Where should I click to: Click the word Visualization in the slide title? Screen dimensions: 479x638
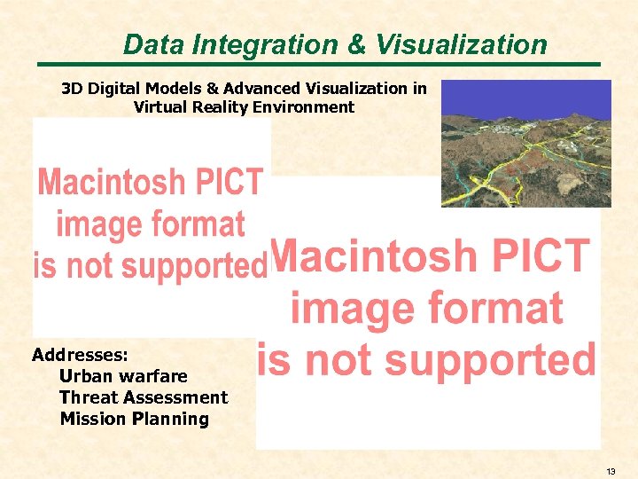[x=460, y=44]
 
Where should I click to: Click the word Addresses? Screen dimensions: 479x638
[x=81, y=356]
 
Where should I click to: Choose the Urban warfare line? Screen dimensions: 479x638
[x=123, y=376]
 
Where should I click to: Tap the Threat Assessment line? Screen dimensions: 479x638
[x=144, y=397]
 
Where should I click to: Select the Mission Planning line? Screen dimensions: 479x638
[x=134, y=419]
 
